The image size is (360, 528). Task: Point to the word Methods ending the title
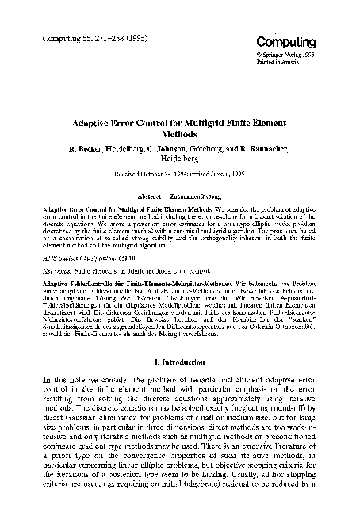point(179,136)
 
